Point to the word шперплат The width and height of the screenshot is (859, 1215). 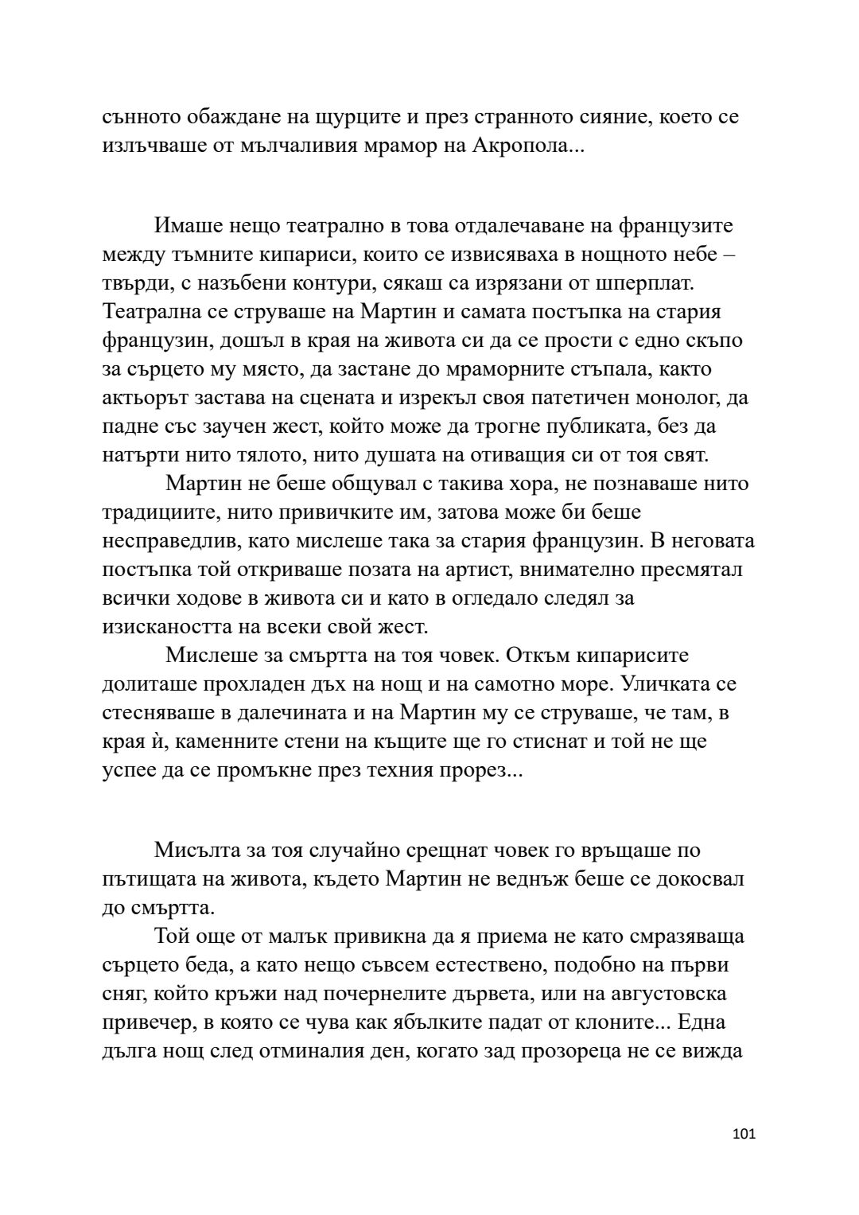[x=650, y=282]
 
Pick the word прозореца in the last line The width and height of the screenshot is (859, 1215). [x=569, y=1051]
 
